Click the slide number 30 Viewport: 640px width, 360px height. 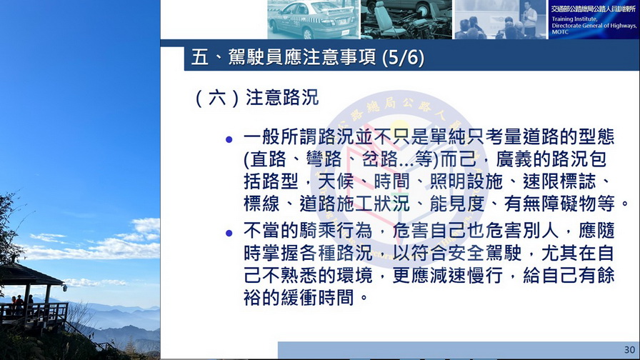[x=629, y=350]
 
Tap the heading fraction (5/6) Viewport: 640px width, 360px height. [x=404, y=58]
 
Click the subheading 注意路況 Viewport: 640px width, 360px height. [x=282, y=98]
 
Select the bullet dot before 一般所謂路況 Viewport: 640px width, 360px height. [x=229, y=140]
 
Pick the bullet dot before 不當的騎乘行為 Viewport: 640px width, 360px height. [x=229, y=233]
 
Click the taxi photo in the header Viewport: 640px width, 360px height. [x=314, y=19]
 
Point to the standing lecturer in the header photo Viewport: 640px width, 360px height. [x=529, y=19]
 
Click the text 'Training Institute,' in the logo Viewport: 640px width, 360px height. [x=574, y=19]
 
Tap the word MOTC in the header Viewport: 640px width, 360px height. [x=560, y=32]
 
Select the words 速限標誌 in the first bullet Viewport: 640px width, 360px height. [x=559, y=182]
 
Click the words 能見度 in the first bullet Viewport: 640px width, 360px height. [x=457, y=204]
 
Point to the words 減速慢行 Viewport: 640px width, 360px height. [x=466, y=276]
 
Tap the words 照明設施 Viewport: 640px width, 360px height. [x=466, y=182]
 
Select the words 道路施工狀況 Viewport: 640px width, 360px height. [x=355, y=204]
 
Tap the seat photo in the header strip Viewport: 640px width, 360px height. [x=406, y=19]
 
